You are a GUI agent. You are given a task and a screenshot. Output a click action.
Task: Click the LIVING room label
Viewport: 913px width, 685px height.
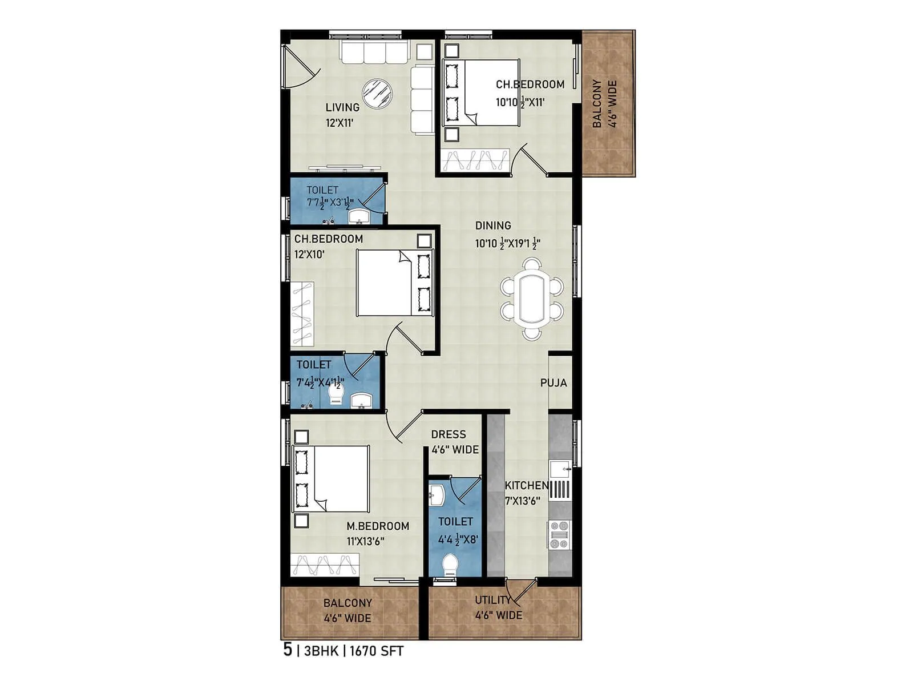click(342, 107)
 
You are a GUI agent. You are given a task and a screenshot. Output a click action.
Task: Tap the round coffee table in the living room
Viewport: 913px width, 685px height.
click(377, 93)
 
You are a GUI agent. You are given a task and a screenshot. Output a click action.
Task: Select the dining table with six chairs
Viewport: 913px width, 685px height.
click(532, 299)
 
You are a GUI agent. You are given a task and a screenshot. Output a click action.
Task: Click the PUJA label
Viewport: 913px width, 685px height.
click(554, 383)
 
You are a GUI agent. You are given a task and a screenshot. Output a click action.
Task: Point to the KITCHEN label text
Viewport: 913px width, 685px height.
click(526, 486)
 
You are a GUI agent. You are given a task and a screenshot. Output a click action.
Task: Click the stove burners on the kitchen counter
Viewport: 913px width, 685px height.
click(559, 534)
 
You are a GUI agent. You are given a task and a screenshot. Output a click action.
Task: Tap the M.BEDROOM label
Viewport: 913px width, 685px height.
click(378, 526)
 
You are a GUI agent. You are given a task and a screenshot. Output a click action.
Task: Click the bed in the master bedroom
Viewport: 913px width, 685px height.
click(332, 478)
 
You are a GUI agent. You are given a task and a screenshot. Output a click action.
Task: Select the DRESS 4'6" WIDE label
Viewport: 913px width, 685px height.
click(454, 442)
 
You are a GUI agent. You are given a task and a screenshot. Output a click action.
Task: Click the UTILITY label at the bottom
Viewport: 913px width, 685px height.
click(492, 600)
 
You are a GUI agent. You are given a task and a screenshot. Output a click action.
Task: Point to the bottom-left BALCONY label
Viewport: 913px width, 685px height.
click(348, 603)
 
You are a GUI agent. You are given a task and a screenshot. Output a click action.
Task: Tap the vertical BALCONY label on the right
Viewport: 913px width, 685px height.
click(597, 103)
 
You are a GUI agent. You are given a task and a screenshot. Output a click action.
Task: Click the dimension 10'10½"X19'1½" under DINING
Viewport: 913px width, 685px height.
click(507, 244)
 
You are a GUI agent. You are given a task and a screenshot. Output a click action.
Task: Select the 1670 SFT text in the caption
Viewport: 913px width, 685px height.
click(376, 651)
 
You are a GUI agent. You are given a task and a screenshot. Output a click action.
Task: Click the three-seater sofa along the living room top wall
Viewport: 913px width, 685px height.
click(374, 52)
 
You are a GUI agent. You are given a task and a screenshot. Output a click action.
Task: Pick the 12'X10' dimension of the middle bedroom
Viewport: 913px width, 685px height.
click(309, 255)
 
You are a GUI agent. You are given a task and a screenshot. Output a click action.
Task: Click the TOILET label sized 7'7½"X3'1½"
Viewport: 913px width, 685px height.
click(322, 190)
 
